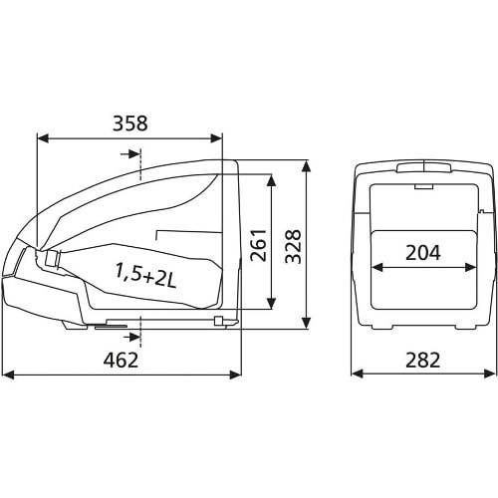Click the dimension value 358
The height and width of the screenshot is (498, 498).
(x=129, y=124)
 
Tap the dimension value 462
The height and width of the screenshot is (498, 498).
(x=121, y=360)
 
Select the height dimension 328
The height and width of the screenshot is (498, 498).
(x=293, y=246)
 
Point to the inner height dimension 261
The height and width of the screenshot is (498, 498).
(x=259, y=245)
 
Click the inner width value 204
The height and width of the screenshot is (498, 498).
(x=423, y=253)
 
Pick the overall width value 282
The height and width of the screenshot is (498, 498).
(x=422, y=360)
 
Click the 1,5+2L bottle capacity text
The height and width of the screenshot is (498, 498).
(x=145, y=275)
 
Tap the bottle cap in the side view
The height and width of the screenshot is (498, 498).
(x=52, y=258)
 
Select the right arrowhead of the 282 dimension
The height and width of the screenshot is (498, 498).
(x=489, y=373)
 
